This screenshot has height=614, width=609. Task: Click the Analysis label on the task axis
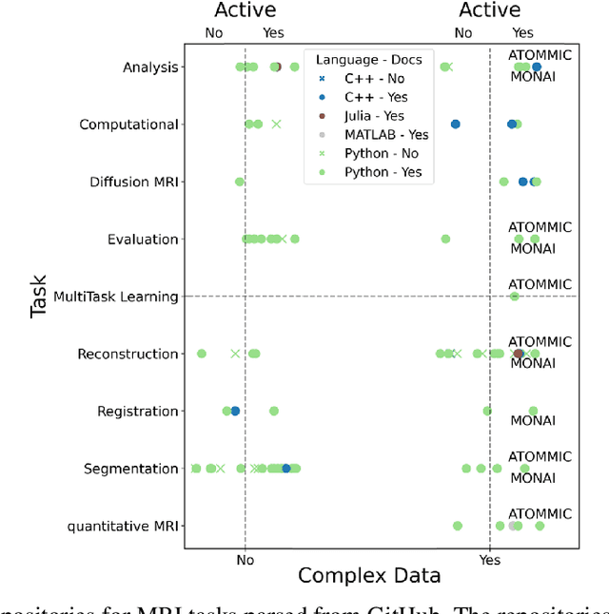[150, 67]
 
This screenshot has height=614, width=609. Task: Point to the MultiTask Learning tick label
[116, 297]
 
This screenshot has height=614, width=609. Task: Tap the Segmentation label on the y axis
[130, 469]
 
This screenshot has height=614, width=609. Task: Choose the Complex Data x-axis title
[369, 575]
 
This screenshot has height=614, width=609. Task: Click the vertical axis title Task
[38, 297]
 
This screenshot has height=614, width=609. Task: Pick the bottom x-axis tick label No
[246, 560]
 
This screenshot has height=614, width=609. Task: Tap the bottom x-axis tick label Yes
[490, 560]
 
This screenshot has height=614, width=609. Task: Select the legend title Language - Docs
[369, 60]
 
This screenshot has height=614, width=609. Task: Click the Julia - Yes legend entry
[374, 116]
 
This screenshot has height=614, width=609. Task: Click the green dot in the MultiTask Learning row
[514, 297]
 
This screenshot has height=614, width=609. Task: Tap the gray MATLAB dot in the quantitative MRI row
[513, 526]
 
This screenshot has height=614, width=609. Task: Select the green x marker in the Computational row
[276, 124]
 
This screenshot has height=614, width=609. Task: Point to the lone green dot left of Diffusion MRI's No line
[239, 182]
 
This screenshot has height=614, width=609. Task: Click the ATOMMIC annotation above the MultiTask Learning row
[540, 284]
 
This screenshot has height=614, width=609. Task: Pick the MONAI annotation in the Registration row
[533, 421]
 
